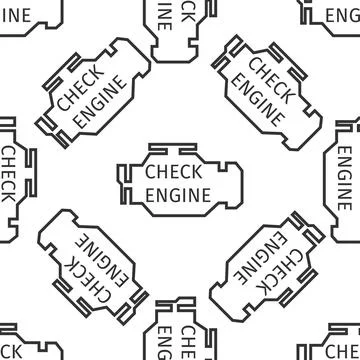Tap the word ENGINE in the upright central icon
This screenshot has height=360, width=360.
point(179,191)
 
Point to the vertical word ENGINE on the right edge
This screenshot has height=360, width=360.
point(346,180)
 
